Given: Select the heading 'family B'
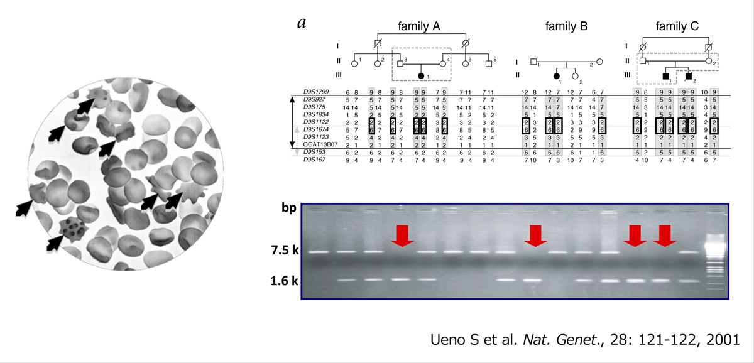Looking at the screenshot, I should [x=566, y=26].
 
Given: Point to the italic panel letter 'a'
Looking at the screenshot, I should [x=302, y=23].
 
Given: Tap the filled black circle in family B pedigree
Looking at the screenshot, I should [x=557, y=76].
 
